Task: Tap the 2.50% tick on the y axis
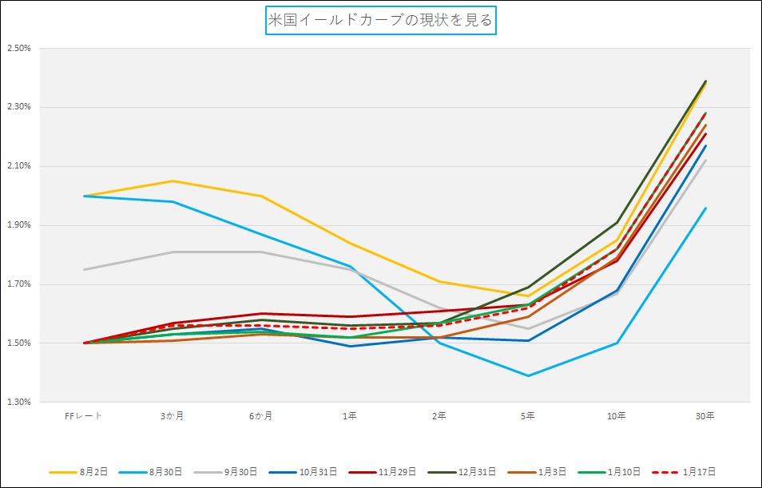click(x=18, y=48)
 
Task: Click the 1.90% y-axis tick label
click(x=18, y=225)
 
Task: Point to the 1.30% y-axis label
click(x=18, y=403)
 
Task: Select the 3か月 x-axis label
click(x=172, y=416)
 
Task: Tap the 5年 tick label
click(x=527, y=416)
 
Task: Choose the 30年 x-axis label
click(x=705, y=416)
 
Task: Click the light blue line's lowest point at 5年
click(x=527, y=375)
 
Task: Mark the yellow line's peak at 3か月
click(x=172, y=181)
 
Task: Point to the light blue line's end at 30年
click(x=705, y=208)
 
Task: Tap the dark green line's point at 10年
click(x=616, y=222)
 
